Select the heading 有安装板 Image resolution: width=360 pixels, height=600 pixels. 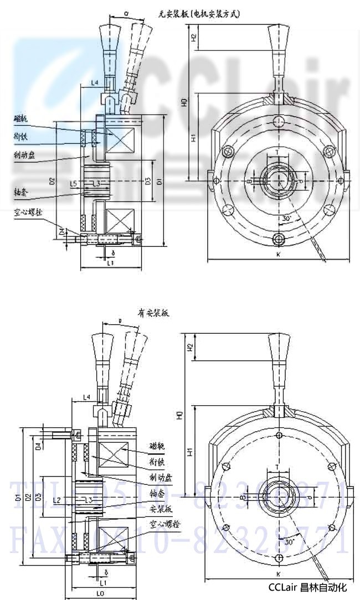pos(153,313)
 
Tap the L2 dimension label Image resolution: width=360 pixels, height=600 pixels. pos(56,500)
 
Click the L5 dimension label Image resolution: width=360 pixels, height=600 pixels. pos(73,183)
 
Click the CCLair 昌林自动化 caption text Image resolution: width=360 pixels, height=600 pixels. pos(307,587)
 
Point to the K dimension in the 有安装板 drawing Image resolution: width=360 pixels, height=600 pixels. pos(277,574)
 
